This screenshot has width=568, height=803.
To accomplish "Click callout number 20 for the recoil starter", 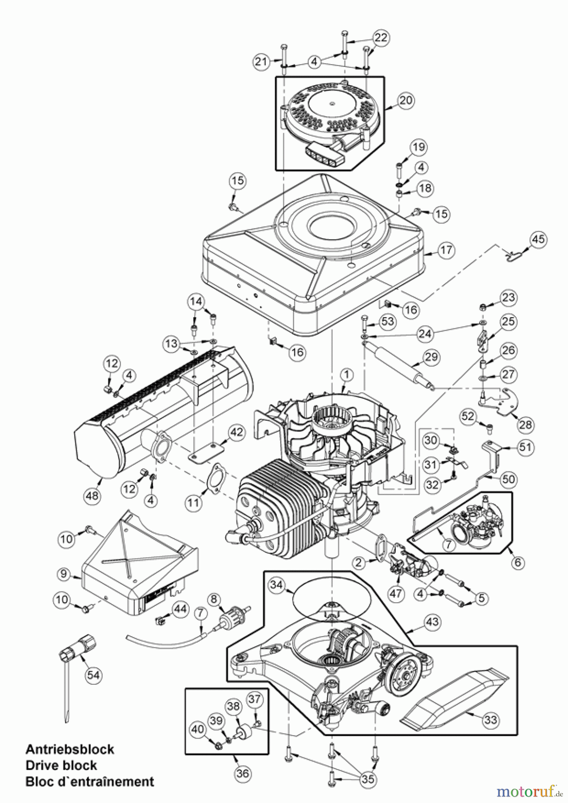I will pos(406,100).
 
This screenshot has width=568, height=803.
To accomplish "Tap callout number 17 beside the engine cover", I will pos(446,250).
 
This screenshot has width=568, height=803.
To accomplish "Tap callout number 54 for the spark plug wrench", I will pos(93,675).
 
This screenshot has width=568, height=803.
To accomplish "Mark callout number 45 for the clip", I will pos(538,239).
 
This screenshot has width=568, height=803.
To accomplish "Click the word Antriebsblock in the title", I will pos(70,749).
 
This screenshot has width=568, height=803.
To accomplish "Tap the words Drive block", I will pos(61,765).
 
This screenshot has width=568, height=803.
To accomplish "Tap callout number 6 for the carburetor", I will pos(518,562).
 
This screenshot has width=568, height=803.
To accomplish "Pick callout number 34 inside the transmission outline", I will pos(277,584).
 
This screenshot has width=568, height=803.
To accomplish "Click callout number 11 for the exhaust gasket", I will pos(193,503).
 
